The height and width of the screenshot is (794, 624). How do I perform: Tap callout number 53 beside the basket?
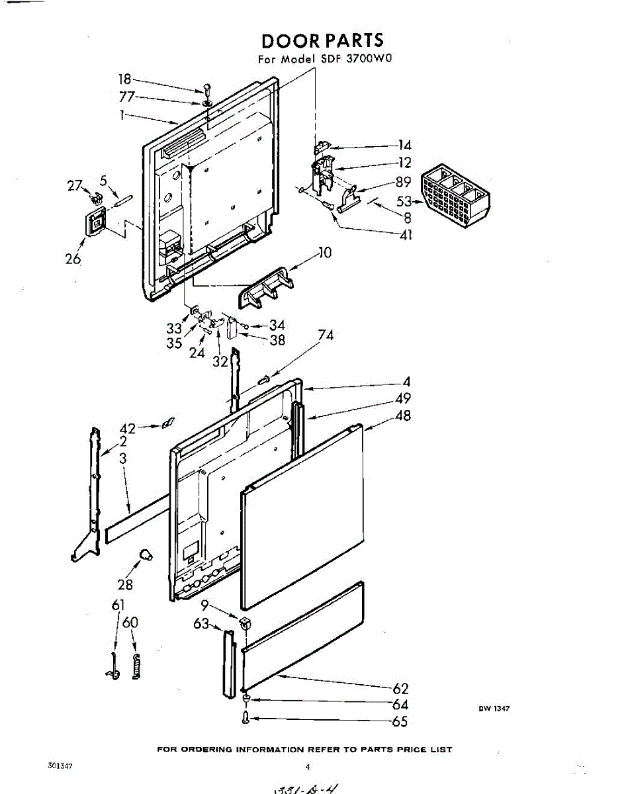click(x=404, y=201)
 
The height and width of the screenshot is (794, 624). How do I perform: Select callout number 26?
click(x=73, y=259)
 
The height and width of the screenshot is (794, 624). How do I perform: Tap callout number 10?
click(x=325, y=252)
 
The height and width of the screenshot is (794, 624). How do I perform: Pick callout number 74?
click(x=326, y=335)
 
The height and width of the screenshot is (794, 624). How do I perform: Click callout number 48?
click(x=403, y=416)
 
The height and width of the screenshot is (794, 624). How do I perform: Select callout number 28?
click(x=125, y=584)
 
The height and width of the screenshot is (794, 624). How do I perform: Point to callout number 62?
click(x=401, y=689)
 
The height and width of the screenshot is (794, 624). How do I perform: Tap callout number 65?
click(x=400, y=722)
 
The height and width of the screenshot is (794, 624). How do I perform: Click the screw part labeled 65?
click(x=246, y=718)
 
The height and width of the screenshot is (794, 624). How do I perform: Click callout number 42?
click(x=128, y=427)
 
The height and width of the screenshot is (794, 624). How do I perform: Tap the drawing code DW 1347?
click(x=494, y=709)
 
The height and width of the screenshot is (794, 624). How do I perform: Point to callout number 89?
click(x=404, y=182)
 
